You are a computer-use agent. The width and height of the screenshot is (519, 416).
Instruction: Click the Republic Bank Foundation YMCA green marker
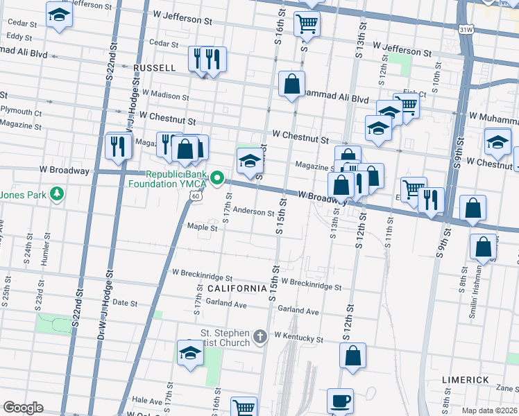point(216,179)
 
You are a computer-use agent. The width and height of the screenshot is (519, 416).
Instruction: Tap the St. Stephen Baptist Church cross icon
point(260,337)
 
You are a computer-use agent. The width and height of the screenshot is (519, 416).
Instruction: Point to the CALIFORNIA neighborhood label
point(237,288)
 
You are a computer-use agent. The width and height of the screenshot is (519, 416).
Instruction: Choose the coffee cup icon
point(340,401)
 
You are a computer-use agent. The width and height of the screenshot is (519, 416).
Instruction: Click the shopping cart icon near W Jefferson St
point(306,24)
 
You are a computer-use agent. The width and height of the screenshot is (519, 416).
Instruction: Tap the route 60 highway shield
point(196,197)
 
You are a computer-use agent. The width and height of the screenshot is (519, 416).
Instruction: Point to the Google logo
point(23,408)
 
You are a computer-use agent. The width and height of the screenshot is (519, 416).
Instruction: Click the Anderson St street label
point(253,211)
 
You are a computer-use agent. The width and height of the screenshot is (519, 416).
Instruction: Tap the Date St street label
point(125,303)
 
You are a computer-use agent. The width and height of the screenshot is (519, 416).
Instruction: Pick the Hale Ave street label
point(146,401)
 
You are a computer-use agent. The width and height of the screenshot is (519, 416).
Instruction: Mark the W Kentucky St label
point(299,337)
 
